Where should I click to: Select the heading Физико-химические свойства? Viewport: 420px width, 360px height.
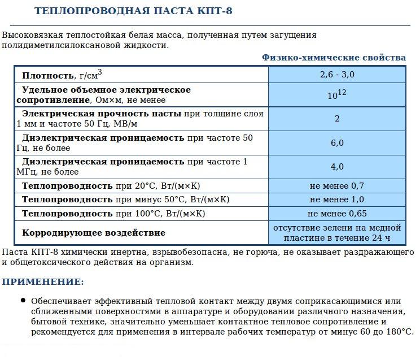click(334, 58)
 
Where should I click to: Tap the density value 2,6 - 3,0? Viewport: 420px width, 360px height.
click(337, 75)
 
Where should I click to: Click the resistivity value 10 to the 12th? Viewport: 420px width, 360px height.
click(337, 95)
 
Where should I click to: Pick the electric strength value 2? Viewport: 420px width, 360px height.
click(337, 119)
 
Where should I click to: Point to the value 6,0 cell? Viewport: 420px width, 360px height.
click(337, 143)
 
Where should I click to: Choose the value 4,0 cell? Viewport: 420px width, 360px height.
click(337, 167)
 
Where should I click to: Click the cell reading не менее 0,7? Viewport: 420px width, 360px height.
click(337, 186)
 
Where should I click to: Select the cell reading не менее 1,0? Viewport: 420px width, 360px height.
click(337, 199)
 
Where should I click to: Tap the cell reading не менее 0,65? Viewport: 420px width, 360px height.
click(337, 214)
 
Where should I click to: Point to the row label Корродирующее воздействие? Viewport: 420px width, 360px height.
click(93, 233)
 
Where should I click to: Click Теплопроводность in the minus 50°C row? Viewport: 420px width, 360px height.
click(67, 199)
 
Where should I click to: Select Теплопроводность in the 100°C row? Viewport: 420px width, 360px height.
click(67, 214)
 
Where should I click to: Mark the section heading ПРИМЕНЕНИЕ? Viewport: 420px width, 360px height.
click(43, 281)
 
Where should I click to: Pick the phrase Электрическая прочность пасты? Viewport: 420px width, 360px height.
click(102, 114)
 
